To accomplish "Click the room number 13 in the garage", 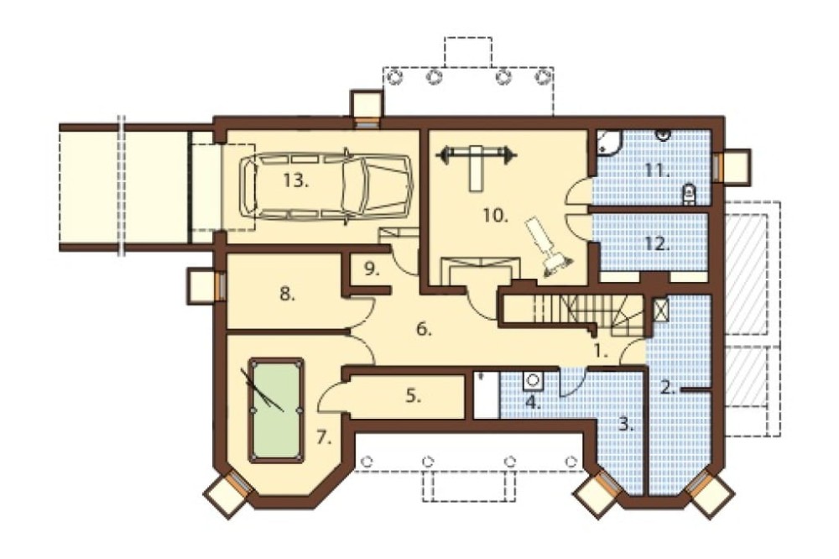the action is coord(296,181).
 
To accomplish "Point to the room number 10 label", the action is coord(495,216).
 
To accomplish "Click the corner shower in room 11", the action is coord(609,142).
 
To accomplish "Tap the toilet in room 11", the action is coord(690,193).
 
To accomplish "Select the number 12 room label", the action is coord(658,244).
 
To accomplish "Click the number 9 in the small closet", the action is coord(372,269).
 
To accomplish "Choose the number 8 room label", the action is coord(288,294).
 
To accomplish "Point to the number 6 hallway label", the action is coord(424,329).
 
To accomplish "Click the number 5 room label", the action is coord(413,397).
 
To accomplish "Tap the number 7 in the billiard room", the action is coord(324,437).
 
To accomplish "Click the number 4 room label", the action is coord(533,403).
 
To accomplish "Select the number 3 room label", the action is coord(626,426).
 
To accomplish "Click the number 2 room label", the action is coord(667,388).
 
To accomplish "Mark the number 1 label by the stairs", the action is coord(601,352).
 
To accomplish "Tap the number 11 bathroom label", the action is coord(657,171).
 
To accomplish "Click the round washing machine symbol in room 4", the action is coord(534,379).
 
